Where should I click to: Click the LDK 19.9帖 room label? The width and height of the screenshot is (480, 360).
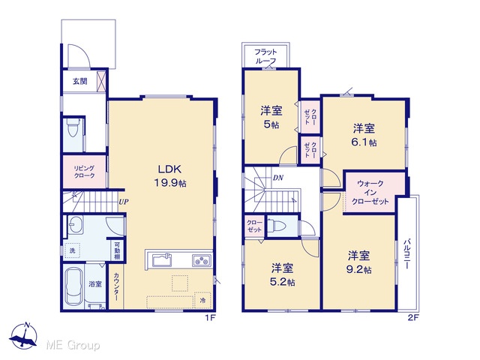(x=170, y=176)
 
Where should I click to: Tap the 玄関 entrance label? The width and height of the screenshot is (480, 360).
(x=80, y=81)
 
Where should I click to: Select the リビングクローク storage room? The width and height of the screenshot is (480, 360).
(x=85, y=172)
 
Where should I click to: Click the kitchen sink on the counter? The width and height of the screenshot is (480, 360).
(x=162, y=260)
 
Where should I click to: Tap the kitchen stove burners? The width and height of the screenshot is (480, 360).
(x=202, y=261)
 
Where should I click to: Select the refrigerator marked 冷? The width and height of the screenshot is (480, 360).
(x=202, y=300)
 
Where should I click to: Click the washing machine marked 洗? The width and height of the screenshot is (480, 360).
(x=72, y=250)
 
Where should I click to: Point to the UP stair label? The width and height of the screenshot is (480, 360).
(x=123, y=202)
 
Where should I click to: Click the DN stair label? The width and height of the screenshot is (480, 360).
(x=278, y=178)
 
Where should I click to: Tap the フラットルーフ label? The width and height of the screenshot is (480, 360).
(x=265, y=56)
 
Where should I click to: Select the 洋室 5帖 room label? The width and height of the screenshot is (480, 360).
(x=271, y=117)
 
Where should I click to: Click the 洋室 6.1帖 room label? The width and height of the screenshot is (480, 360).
(x=364, y=135)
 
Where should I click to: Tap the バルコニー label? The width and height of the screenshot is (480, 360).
(x=406, y=253)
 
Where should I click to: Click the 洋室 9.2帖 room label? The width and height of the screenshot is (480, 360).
(x=358, y=262)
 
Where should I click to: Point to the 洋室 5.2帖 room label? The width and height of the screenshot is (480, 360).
(x=282, y=274)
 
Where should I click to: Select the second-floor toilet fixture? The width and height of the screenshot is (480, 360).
(x=277, y=226)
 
